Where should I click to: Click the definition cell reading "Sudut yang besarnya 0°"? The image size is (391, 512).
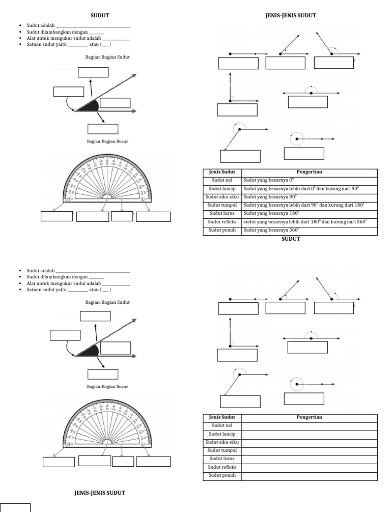click(x=265, y=180)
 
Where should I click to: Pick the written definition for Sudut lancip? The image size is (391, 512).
click(x=300, y=188)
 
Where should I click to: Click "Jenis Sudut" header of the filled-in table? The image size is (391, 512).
click(x=222, y=172)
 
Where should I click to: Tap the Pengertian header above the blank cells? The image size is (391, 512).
click(x=309, y=417)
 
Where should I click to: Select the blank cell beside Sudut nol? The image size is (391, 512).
click(x=309, y=425)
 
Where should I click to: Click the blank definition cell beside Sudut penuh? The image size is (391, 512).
click(x=309, y=476)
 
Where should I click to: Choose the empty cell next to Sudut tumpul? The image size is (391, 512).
click(x=309, y=451)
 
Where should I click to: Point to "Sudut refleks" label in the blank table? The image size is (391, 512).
click(x=222, y=468)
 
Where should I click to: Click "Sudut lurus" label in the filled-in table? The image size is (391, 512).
click(x=222, y=214)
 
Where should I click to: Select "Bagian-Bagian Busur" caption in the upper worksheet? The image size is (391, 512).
click(x=107, y=143)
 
